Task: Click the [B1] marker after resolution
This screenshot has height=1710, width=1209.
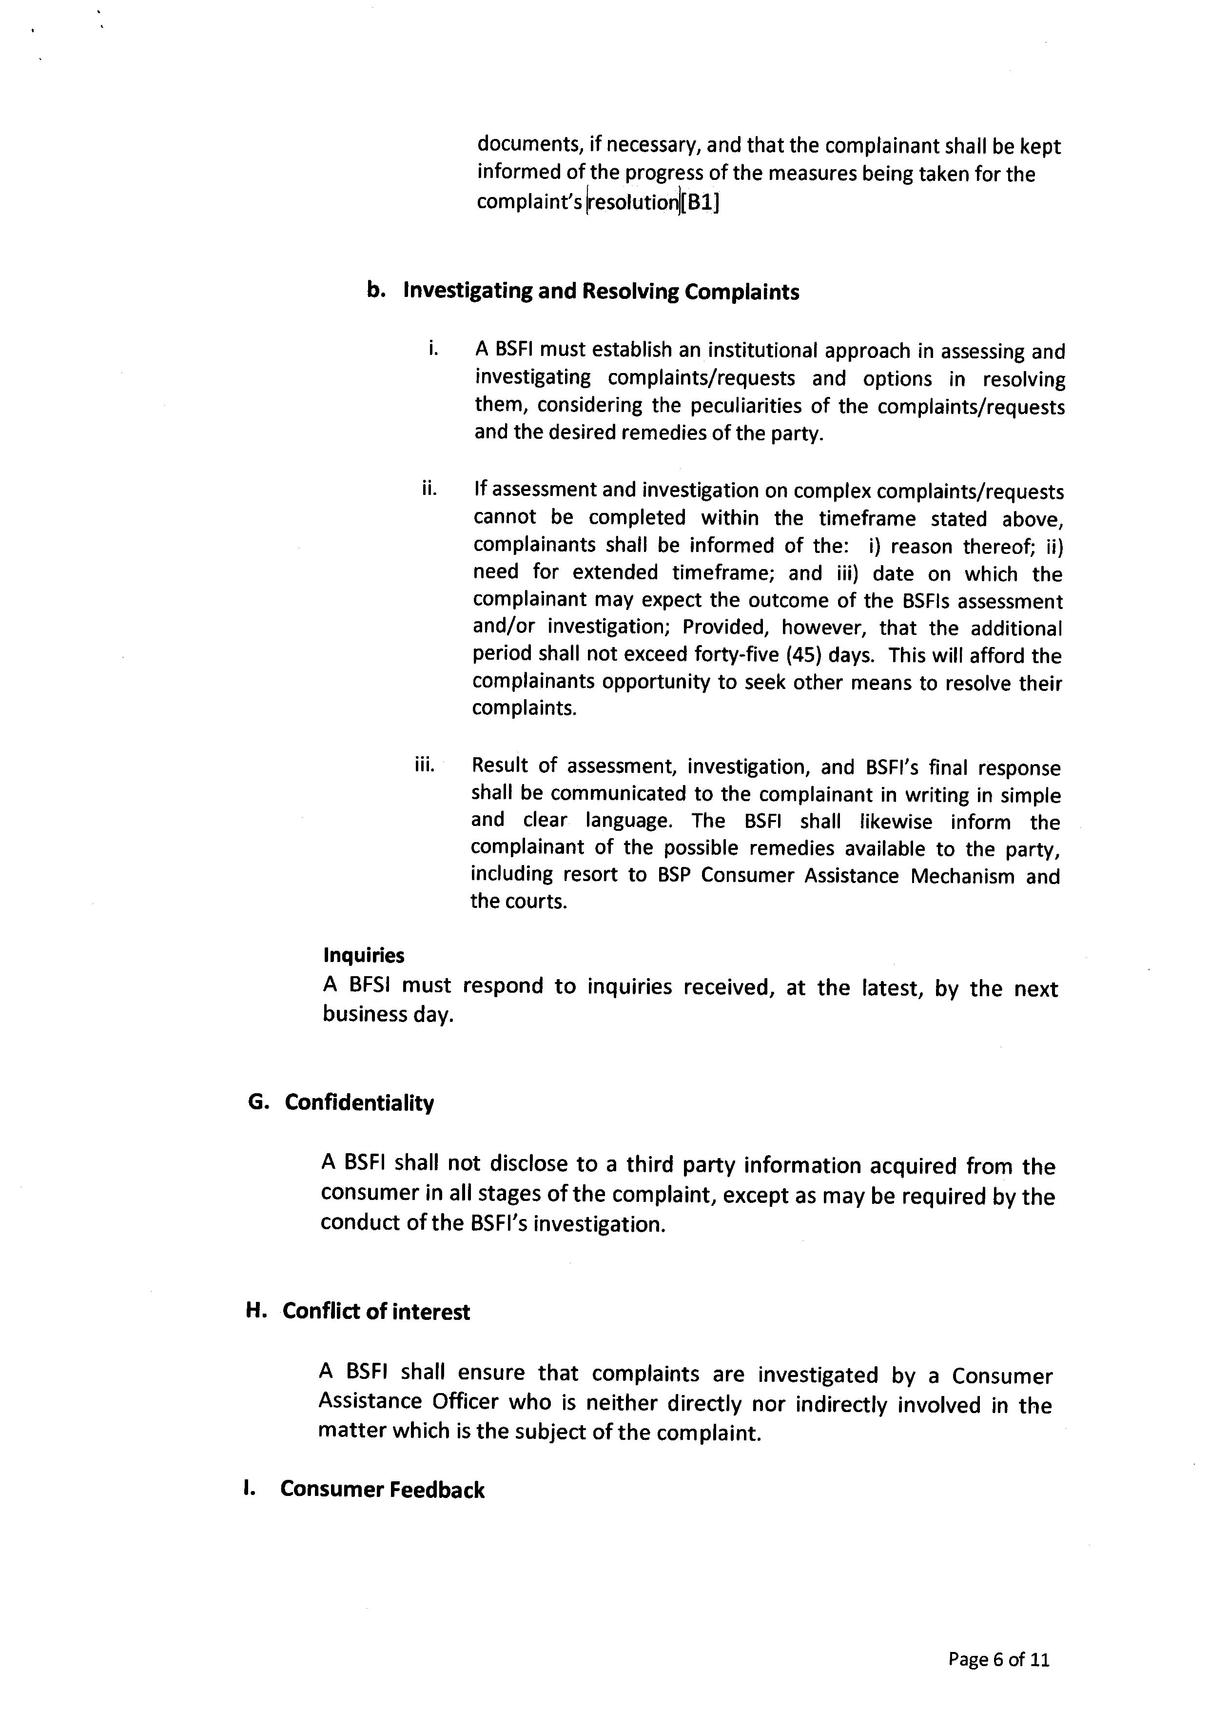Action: pyautogui.click(x=701, y=202)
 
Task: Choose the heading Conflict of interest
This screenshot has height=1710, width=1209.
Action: pyautogui.click(x=376, y=1312)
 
